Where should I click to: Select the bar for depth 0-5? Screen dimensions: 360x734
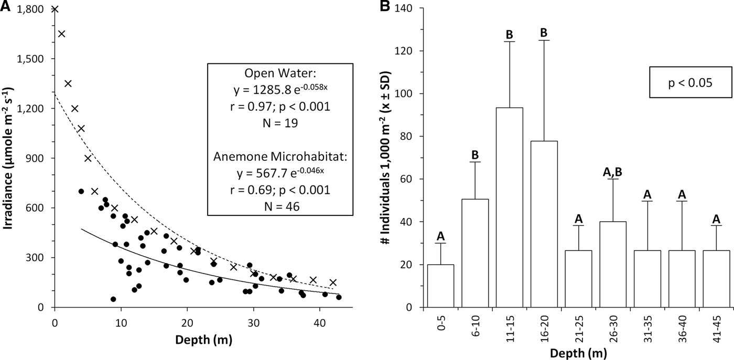click(440, 286)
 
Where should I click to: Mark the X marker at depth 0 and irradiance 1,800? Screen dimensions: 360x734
click(55, 9)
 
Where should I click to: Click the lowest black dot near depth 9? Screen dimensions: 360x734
click(113, 299)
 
